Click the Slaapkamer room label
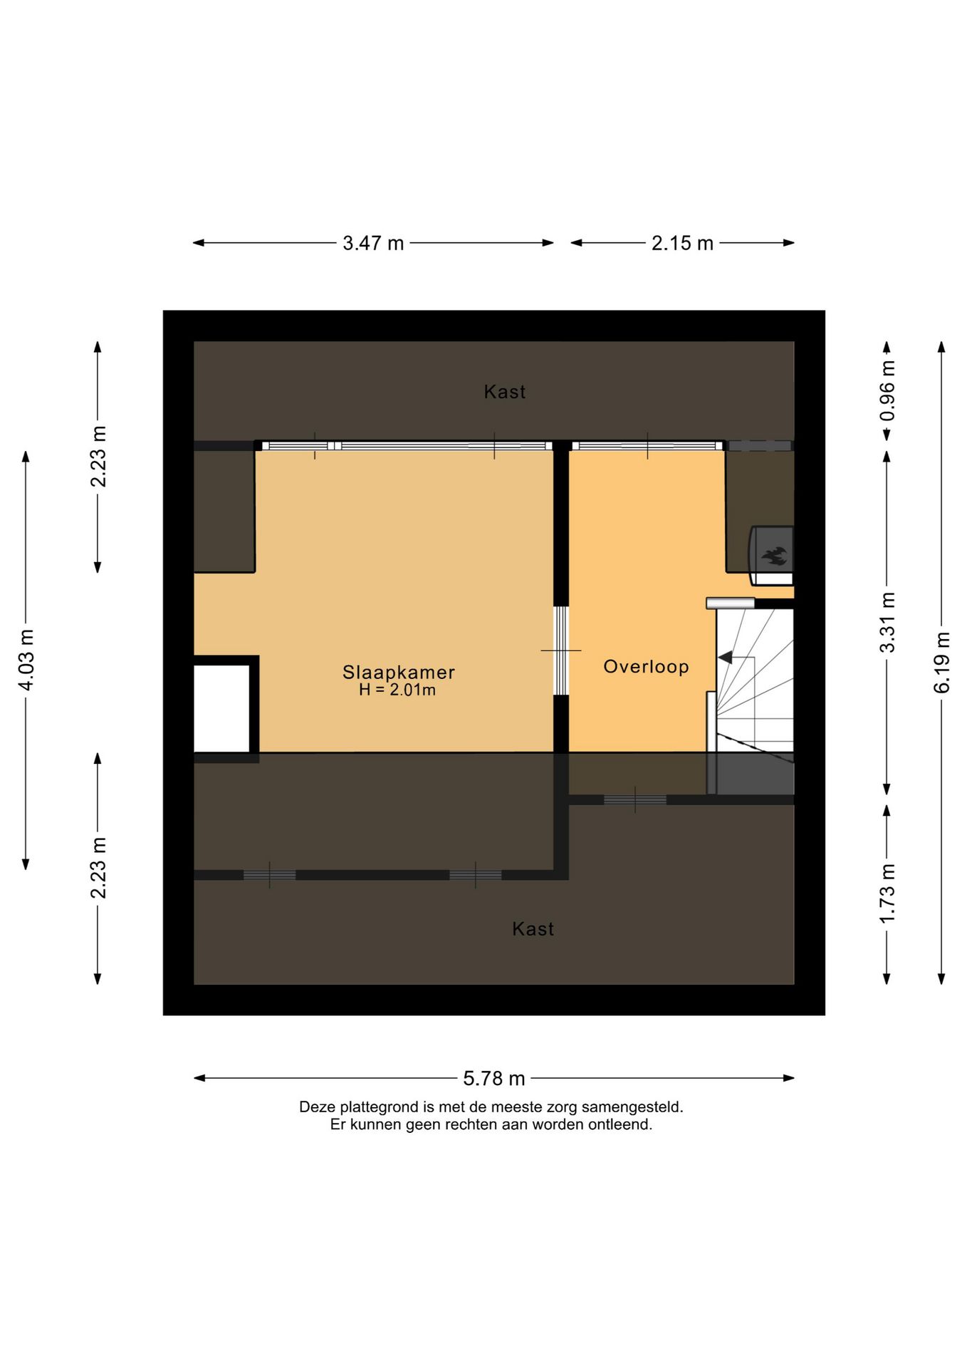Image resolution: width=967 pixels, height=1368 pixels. click(x=398, y=672)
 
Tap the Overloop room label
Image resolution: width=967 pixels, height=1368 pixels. click(x=646, y=667)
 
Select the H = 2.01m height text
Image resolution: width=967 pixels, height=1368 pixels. click(x=397, y=690)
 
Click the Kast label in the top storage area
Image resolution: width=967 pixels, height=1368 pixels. click(x=505, y=391)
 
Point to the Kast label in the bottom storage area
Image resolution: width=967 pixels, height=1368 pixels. click(x=533, y=928)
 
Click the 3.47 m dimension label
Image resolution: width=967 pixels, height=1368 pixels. click(x=373, y=243)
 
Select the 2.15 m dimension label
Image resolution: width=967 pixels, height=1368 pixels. click(x=682, y=243)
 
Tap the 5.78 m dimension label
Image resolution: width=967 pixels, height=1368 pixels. click(x=494, y=1078)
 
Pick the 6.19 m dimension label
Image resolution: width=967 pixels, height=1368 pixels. click(x=941, y=663)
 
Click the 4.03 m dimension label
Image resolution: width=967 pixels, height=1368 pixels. click(x=26, y=660)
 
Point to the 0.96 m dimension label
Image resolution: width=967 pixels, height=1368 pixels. click(x=887, y=390)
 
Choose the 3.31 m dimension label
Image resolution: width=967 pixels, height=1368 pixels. click(x=887, y=622)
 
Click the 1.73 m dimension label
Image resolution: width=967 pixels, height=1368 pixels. click(x=887, y=893)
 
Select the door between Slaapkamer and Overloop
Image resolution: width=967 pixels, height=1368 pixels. click(x=562, y=651)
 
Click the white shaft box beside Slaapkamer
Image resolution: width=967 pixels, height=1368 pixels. click(x=221, y=708)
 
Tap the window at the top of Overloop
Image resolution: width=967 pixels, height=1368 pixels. click(x=647, y=446)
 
